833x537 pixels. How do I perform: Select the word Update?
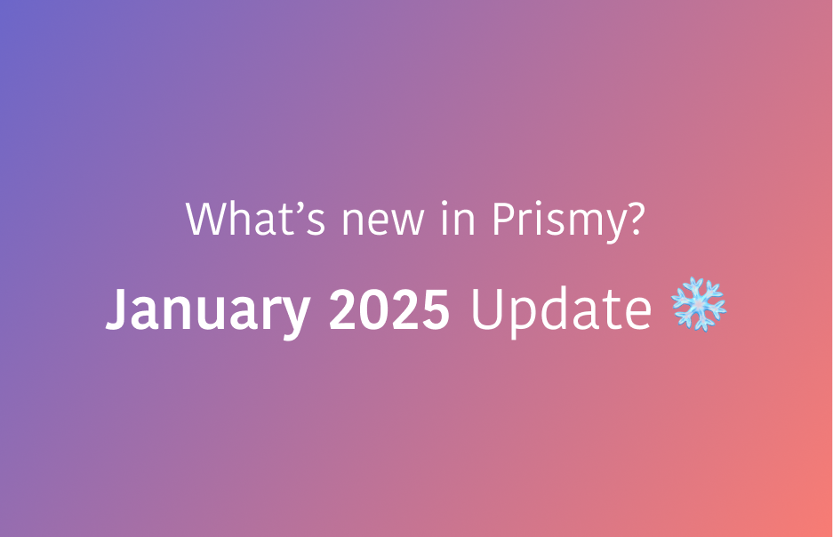[561, 309]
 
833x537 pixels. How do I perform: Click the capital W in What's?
[204, 219]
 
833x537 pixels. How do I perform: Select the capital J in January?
[116, 309]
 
